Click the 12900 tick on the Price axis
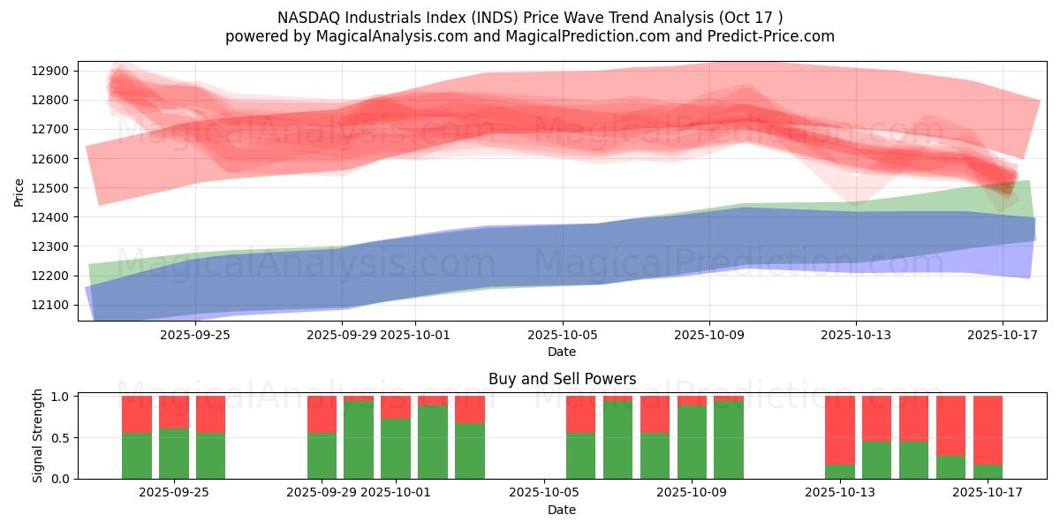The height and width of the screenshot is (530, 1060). click(x=54, y=71)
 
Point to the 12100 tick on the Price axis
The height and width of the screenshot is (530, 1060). click(x=54, y=305)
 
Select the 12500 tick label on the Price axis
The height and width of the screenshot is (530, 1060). click(x=54, y=188)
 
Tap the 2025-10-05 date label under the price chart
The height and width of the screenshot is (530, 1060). click(x=562, y=335)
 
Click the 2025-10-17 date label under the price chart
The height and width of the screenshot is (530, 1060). click(x=1002, y=335)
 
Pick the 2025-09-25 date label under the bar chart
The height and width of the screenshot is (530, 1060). click(x=173, y=493)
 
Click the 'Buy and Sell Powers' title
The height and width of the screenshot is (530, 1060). click(x=562, y=379)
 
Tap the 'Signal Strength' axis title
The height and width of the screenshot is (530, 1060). click(x=37, y=435)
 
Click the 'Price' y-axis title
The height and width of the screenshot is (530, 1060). click(x=19, y=192)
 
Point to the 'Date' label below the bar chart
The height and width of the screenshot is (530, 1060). click(x=562, y=510)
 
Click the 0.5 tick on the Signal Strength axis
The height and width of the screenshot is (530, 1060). click(x=61, y=437)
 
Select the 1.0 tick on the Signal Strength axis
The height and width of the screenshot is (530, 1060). click(x=61, y=397)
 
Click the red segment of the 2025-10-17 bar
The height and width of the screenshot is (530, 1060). click(x=988, y=429)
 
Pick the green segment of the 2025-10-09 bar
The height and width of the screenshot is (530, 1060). click(x=692, y=442)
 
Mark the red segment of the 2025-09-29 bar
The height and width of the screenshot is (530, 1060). click(x=322, y=413)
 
